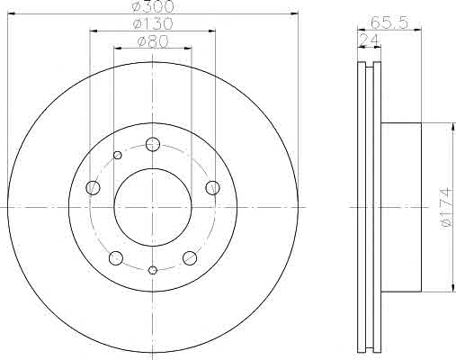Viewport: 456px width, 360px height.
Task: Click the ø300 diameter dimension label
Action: (x=153, y=6)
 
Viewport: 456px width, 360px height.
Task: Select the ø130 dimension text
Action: (x=153, y=24)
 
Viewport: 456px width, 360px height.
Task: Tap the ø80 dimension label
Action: (x=153, y=41)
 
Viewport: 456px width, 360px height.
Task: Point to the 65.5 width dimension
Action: (x=389, y=22)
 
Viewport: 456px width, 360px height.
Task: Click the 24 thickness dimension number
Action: (x=369, y=40)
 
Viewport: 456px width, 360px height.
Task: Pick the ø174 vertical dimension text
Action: (x=447, y=208)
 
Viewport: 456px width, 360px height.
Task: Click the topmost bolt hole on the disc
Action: (x=153, y=144)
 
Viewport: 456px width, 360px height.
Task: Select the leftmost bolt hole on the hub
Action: (x=93, y=188)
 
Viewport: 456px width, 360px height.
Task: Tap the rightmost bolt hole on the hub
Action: (x=212, y=188)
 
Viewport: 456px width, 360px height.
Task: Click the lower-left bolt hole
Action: (x=116, y=258)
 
